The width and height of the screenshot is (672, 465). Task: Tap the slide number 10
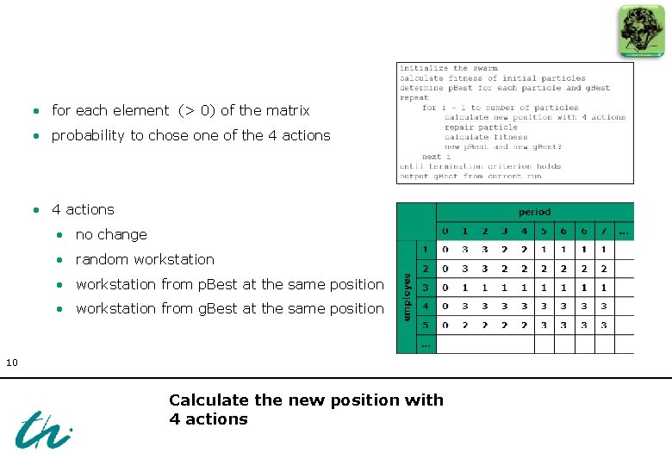(x=11, y=363)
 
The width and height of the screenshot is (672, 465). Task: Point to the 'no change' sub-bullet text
(x=111, y=234)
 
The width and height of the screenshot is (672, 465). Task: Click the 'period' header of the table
(x=534, y=212)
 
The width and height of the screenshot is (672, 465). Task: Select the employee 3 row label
(x=426, y=287)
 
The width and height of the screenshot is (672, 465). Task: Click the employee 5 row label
(x=426, y=325)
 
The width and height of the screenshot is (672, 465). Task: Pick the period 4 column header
(x=524, y=231)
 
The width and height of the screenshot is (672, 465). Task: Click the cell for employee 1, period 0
(x=445, y=250)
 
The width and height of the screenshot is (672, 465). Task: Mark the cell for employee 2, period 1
(x=465, y=269)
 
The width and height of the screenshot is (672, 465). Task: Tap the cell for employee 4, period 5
(x=544, y=306)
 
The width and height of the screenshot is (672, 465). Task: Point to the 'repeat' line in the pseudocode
(x=414, y=97)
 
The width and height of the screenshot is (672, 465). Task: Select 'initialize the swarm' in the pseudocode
(x=448, y=68)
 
